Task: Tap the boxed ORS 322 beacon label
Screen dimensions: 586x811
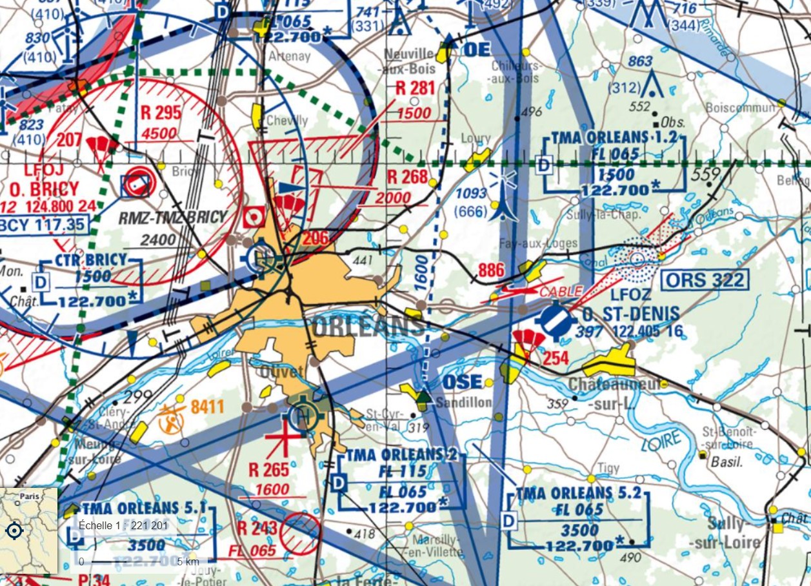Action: pyautogui.click(x=706, y=280)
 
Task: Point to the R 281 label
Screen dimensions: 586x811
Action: pyautogui.click(x=416, y=88)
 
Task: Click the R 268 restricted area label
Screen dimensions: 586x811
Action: pyautogui.click(x=407, y=176)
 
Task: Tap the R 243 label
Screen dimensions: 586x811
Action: pyautogui.click(x=257, y=528)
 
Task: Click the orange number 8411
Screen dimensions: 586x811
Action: pyautogui.click(x=207, y=407)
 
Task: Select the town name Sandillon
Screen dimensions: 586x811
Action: pyautogui.click(x=463, y=403)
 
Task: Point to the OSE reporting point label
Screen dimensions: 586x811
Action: pyautogui.click(x=462, y=382)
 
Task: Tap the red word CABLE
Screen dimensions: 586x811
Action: pyautogui.click(x=561, y=291)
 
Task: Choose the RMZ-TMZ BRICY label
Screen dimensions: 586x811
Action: pyautogui.click(x=174, y=217)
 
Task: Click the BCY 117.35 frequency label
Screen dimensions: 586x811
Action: pyautogui.click(x=42, y=225)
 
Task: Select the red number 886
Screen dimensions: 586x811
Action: pyautogui.click(x=491, y=270)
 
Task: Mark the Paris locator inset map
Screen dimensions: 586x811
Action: pyautogui.click(x=29, y=530)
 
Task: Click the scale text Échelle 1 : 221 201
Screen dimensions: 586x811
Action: pyautogui.click(x=123, y=525)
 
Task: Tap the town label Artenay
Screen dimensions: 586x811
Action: pyautogui.click(x=290, y=56)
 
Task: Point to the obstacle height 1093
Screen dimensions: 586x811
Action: pyautogui.click(x=471, y=194)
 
